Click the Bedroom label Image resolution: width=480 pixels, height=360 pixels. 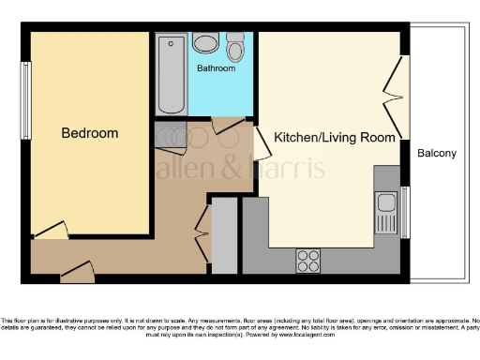click(x=90, y=133)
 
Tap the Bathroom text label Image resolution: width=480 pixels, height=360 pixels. click(x=216, y=68)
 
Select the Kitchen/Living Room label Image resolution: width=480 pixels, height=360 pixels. click(x=334, y=137)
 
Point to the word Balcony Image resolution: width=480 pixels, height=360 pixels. click(x=436, y=153)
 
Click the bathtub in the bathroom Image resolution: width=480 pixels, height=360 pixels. click(x=172, y=73)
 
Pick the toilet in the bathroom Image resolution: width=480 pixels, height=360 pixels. click(x=234, y=46)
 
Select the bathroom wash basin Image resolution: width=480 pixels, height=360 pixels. click(x=206, y=42)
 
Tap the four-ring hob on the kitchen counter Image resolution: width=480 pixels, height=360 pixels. click(x=307, y=260)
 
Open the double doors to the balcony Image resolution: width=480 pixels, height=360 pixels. click(x=395, y=94)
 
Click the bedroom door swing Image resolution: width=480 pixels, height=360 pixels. click(x=51, y=230)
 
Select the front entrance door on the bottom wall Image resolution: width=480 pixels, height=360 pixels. click(x=77, y=272)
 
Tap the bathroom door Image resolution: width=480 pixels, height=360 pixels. click(x=228, y=124)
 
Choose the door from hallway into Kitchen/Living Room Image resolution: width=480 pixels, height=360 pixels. click(x=262, y=142)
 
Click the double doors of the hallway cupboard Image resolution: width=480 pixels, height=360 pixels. click(x=202, y=234)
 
